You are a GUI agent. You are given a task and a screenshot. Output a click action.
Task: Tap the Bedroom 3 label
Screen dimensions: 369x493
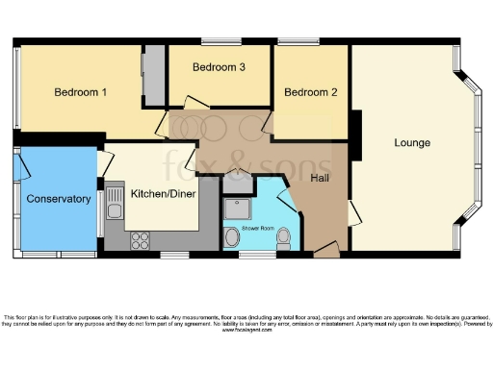coord(219,67)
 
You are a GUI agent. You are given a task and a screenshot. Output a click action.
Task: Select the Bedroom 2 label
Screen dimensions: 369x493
coord(311,92)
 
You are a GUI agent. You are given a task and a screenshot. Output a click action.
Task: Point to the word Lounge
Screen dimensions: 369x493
coord(412,143)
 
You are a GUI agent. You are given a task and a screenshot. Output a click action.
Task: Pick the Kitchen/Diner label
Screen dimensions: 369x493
coord(159,191)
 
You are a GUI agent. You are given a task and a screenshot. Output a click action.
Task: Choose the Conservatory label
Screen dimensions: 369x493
coord(59,199)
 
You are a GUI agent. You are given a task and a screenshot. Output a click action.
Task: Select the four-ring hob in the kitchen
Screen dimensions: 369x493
coord(140,239)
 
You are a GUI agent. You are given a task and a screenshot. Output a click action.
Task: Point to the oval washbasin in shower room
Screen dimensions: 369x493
coord(233,237)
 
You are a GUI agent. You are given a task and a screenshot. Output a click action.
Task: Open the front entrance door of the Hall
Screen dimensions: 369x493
coord(325,251)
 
